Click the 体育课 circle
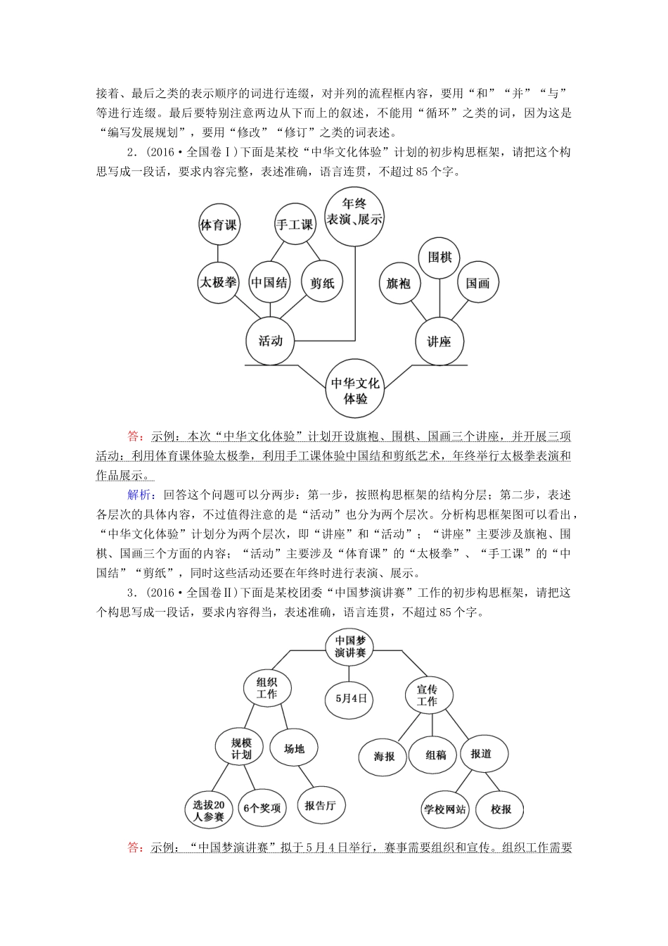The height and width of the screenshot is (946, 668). (x=218, y=225)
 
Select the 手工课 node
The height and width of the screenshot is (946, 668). (x=294, y=225)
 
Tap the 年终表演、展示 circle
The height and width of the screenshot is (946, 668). (x=355, y=210)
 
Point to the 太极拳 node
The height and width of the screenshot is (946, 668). (x=217, y=282)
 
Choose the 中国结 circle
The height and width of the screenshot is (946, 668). (x=269, y=283)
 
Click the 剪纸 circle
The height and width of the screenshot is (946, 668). (x=322, y=283)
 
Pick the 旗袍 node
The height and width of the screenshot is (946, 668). (x=399, y=284)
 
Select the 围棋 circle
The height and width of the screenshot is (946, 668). (x=439, y=257)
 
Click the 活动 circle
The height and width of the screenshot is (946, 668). (x=270, y=341)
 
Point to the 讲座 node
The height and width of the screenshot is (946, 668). (x=439, y=342)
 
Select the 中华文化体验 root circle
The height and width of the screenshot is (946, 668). (x=355, y=391)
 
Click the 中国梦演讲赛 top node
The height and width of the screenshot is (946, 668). (x=350, y=647)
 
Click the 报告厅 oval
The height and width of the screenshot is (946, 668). (x=320, y=806)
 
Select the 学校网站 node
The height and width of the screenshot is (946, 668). (x=444, y=809)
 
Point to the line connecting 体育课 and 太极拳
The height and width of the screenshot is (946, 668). (x=218, y=253)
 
